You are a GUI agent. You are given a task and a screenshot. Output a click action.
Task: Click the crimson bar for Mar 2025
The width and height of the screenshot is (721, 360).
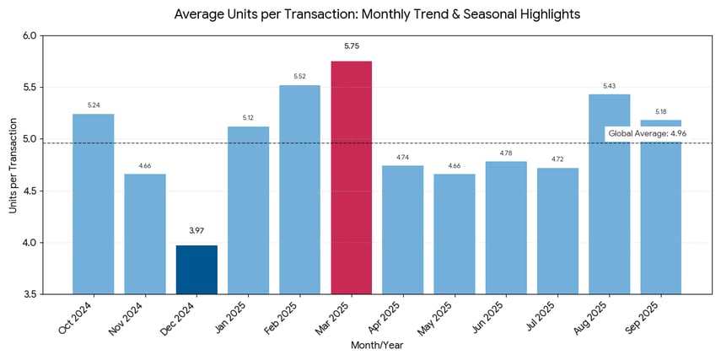click(351, 177)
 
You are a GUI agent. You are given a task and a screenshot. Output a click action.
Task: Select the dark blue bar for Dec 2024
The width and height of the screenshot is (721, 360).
click(196, 269)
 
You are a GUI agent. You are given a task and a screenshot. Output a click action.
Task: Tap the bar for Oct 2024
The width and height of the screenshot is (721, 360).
click(93, 203)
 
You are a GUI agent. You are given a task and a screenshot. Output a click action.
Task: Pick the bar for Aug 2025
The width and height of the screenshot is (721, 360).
click(609, 194)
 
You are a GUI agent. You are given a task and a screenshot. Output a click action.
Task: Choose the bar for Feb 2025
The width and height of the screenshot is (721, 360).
click(299, 189)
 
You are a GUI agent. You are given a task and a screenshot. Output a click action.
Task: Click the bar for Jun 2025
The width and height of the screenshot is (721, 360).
click(506, 227)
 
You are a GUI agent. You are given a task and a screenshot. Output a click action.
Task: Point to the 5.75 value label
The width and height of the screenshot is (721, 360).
click(351, 46)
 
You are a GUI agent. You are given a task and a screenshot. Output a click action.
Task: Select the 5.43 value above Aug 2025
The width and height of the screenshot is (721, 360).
click(609, 86)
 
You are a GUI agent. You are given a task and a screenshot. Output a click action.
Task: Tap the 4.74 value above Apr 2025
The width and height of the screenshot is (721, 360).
click(403, 158)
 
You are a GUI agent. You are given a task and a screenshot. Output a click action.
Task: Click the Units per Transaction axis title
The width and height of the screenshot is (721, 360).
click(13, 165)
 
